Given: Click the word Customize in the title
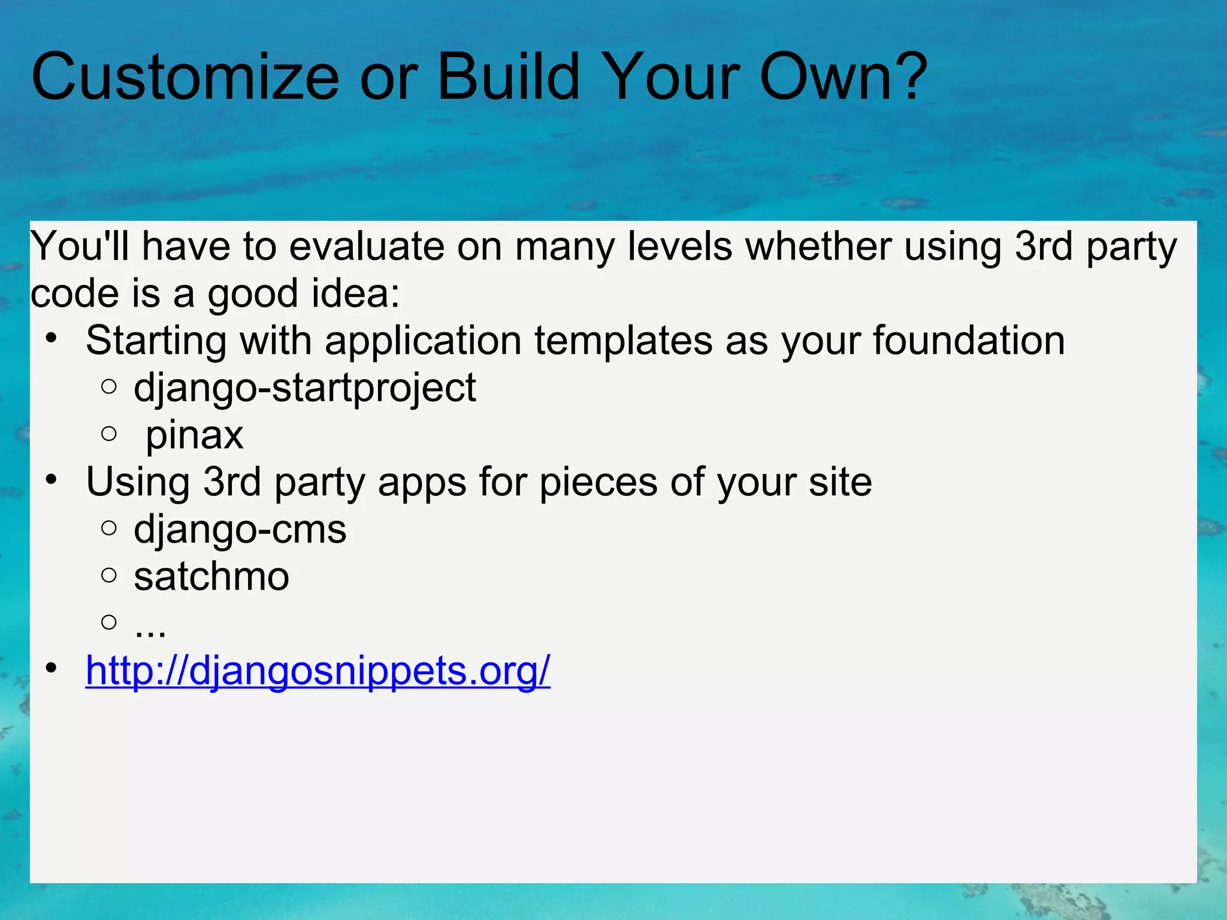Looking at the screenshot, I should [185, 78].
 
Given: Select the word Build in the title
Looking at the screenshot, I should [508, 78].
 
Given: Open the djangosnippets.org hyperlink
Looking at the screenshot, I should [318, 671].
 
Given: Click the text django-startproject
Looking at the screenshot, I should [304, 389].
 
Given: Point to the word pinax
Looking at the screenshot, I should [194, 436].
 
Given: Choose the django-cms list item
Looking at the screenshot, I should [240, 530].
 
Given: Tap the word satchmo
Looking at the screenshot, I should [211, 577].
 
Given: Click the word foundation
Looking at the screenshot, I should [968, 341].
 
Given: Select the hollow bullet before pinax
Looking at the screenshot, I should [109, 434].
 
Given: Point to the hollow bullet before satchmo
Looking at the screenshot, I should [109, 576].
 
